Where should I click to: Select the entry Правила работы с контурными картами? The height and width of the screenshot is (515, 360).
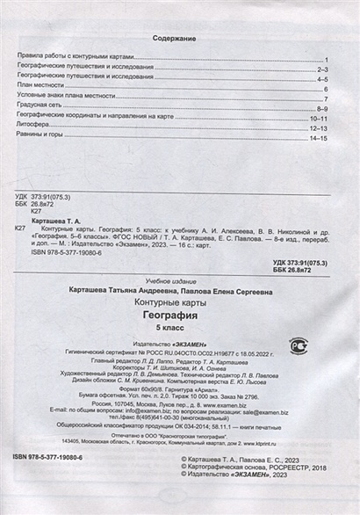(75, 55)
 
